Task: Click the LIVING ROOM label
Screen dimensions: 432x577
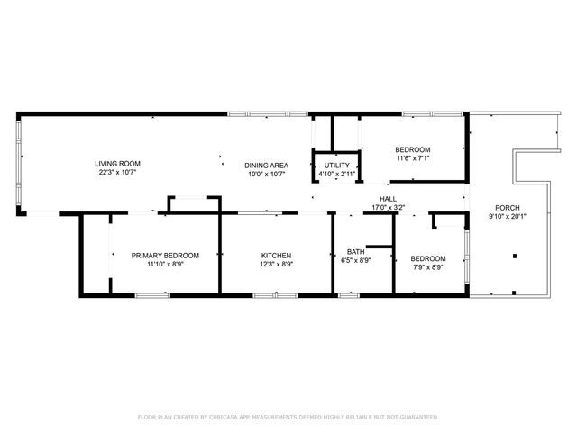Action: coord(118,163)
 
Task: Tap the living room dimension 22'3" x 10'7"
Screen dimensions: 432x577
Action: coord(118,172)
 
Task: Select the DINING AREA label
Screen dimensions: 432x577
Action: coord(266,166)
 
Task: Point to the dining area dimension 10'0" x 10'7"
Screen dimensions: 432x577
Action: coord(266,174)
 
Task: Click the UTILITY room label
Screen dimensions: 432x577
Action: coord(337,166)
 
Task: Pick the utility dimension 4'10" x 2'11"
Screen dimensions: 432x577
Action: coord(337,174)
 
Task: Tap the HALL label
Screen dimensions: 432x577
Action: coord(388,199)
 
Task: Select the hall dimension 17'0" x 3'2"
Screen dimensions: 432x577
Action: coord(388,207)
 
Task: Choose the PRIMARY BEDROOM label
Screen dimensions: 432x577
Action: coord(165,256)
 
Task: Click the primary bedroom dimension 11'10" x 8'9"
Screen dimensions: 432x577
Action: coord(165,265)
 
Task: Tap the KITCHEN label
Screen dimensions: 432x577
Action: coord(276,256)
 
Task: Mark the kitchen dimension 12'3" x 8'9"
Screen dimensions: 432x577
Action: coord(276,265)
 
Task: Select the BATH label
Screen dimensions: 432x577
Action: coord(356,251)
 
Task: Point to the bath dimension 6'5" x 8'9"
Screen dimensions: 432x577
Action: coord(356,260)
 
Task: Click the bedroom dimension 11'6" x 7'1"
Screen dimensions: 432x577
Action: coord(413,158)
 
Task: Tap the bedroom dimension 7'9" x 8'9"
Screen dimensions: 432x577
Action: coord(428,267)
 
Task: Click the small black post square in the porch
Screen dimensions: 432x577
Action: coord(515,256)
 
